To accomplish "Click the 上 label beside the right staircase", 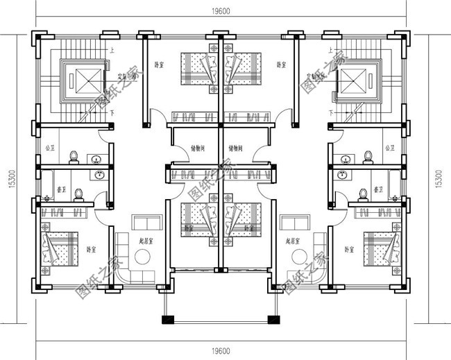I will (332, 50).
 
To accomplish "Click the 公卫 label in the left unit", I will (49, 148).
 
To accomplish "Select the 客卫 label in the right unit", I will (379, 189).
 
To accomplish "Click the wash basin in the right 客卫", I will (341, 175).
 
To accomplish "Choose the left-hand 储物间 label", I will (198, 148).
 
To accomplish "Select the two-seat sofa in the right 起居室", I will (294, 223).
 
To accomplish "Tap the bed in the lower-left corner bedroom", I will (62, 247).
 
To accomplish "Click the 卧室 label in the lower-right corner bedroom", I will (349, 249).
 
